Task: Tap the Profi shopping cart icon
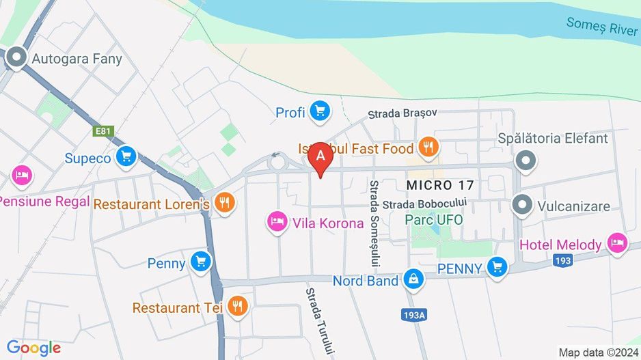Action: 319,112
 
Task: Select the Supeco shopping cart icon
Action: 125,157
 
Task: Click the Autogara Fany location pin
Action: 15,59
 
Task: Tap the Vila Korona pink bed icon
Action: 277,222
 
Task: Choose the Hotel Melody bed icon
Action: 618,244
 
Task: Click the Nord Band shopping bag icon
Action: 413,279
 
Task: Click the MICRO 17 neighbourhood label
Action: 439,185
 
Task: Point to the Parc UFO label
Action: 433,220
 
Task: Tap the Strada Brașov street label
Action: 402,114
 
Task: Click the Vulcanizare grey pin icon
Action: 522,205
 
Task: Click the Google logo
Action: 34,348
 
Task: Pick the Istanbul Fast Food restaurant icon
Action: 428,147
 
